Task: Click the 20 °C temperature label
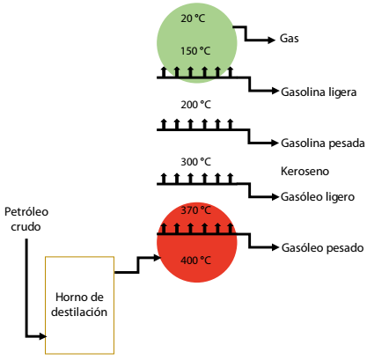coord(193,18)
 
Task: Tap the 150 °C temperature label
coord(195,51)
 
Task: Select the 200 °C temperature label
coord(195,105)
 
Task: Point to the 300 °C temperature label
coord(195,162)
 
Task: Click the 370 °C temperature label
coord(195,210)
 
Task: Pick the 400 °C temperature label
coord(195,261)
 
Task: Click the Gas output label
coord(290,39)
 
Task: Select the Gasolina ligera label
coord(319,92)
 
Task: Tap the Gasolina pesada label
coord(323,143)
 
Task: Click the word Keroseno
coord(305,171)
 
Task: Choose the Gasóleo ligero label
coord(318,197)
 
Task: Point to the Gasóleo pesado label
coord(322,248)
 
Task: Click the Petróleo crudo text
coord(26,219)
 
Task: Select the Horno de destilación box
coord(79,305)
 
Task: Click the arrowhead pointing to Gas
coord(272,40)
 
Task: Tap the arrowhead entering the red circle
coord(158,258)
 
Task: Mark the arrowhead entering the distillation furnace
coord(43,336)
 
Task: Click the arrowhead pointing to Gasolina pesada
coord(275,143)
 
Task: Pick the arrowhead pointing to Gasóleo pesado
coord(275,247)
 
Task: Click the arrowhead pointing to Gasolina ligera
coord(275,91)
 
